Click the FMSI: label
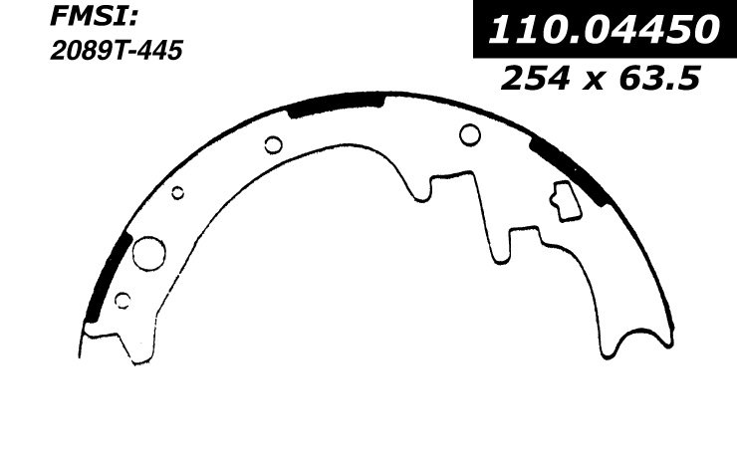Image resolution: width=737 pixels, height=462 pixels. [93, 18]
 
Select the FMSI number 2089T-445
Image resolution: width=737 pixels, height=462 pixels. [117, 51]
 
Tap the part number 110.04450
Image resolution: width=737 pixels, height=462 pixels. [604, 29]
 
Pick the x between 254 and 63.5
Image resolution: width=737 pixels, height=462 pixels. [595, 80]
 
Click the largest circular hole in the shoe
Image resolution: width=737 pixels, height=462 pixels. [149, 253]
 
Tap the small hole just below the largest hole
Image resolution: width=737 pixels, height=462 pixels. [123, 301]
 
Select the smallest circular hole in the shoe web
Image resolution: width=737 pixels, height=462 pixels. [177, 193]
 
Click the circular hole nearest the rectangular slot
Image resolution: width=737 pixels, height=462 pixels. [469, 134]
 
